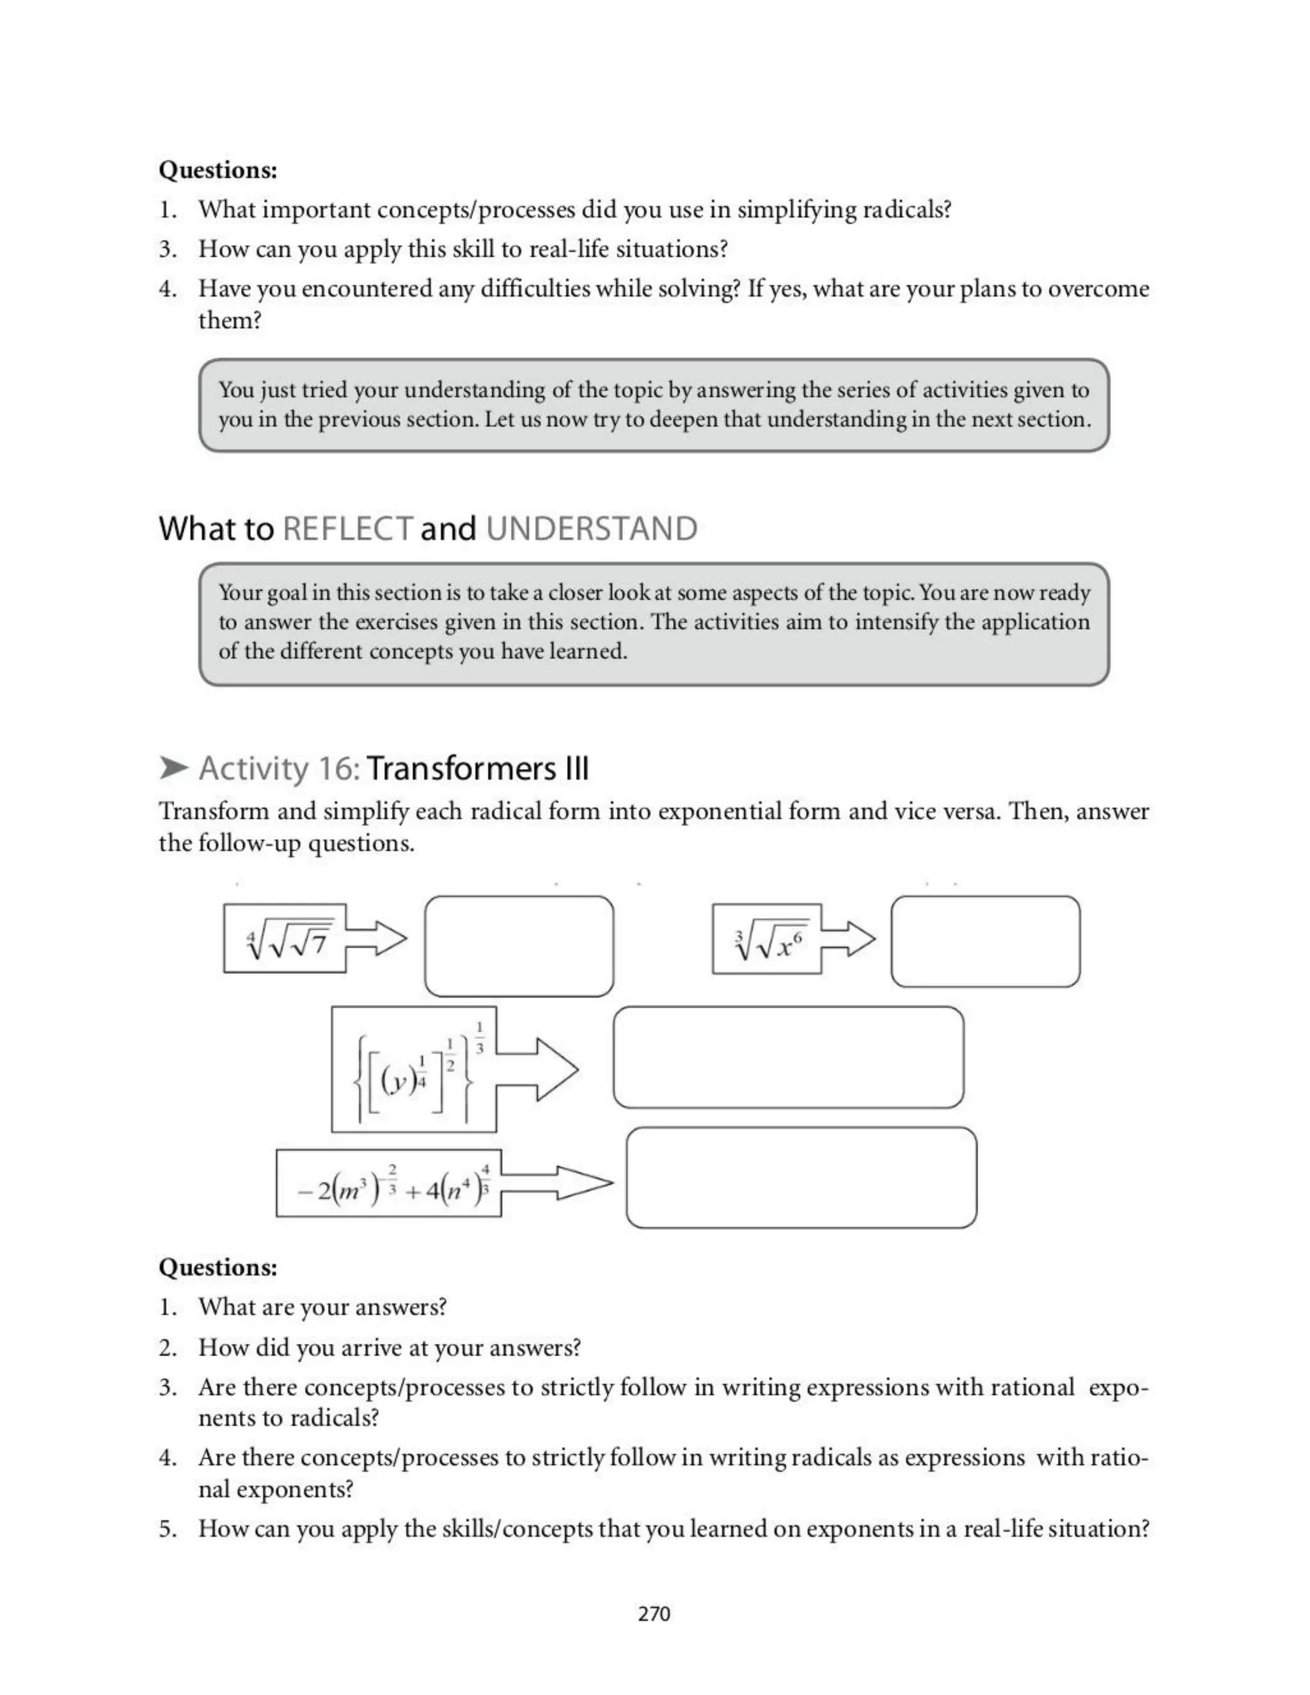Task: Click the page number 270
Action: pyautogui.click(x=654, y=1614)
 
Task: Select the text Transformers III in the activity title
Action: pyautogui.click(x=477, y=769)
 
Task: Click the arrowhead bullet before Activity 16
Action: pyautogui.click(x=174, y=768)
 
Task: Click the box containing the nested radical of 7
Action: pyautogui.click(x=285, y=938)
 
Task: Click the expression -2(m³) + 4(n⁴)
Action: pyautogui.click(x=389, y=1183)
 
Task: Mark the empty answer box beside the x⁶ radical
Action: pyautogui.click(x=985, y=942)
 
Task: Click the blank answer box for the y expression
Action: pyautogui.click(x=787, y=1057)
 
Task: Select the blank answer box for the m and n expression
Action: pyautogui.click(x=801, y=1178)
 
